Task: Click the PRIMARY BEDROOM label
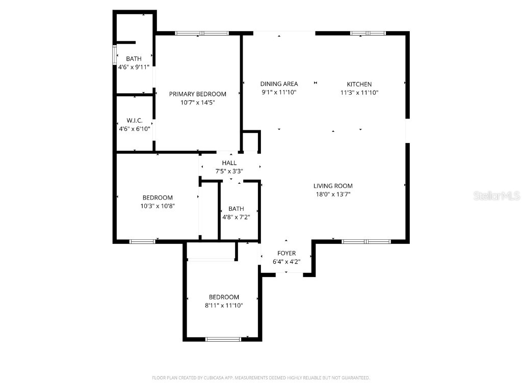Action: pyautogui.click(x=197, y=94)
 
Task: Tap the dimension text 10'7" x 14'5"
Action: pyautogui.click(x=197, y=102)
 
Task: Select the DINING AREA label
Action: pyautogui.click(x=279, y=84)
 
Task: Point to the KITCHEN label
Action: pyautogui.click(x=359, y=84)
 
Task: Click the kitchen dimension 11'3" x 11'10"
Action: pyautogui.click(x=359, y=93)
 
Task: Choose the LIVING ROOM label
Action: pyautogui.click(x=333, y=186)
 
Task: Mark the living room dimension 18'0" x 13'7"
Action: pyautogui.click(x=333, y=194)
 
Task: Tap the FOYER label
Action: pyautogui.click(x=286, y=253)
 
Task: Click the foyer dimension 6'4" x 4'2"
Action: pyautogui.click(x=286, y=262)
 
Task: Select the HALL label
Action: pyautogui.click(x=229, y=163)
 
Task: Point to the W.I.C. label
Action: pyautogui.click(x=134, y=121)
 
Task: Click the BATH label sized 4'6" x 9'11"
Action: pyautogui.click(x=134, y=59)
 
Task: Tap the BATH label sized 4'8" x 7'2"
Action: pyautogui.click(x=236, y=208)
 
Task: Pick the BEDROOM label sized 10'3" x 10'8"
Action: pyautogui.click(x=157, y=198)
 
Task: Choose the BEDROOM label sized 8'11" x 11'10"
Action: pyautogui.click(x=224, y=297)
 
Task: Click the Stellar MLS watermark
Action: pyautogui.click(x=496, y=195)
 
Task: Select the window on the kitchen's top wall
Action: pyautogui.click(x=368, y=34)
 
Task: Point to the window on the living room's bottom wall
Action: pyautogui.click(x=366, y=241)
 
